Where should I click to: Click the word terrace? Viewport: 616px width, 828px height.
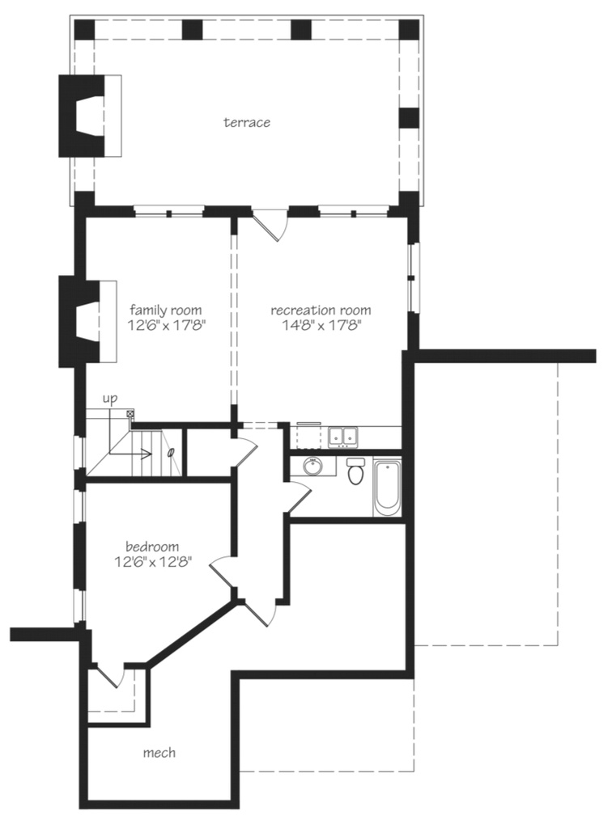coord(247,123)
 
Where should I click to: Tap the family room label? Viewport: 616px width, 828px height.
coord(166,310)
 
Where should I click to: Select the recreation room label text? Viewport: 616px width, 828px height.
coord(321,310)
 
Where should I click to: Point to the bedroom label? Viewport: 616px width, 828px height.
coord(152,547)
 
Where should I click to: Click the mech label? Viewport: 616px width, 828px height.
coord(159,753)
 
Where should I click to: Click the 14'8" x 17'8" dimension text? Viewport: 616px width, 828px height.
coord(321,326)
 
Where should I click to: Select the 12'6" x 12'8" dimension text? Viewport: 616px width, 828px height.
coord(152,563)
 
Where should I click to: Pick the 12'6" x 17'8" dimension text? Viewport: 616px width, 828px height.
coord(166,326)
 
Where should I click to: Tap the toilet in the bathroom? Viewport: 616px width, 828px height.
coord(355,471)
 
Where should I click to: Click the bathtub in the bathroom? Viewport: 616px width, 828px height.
coord(386,487)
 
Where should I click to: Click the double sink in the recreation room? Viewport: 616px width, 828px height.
coord(343,437)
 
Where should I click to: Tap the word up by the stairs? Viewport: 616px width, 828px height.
coord(110,399)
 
